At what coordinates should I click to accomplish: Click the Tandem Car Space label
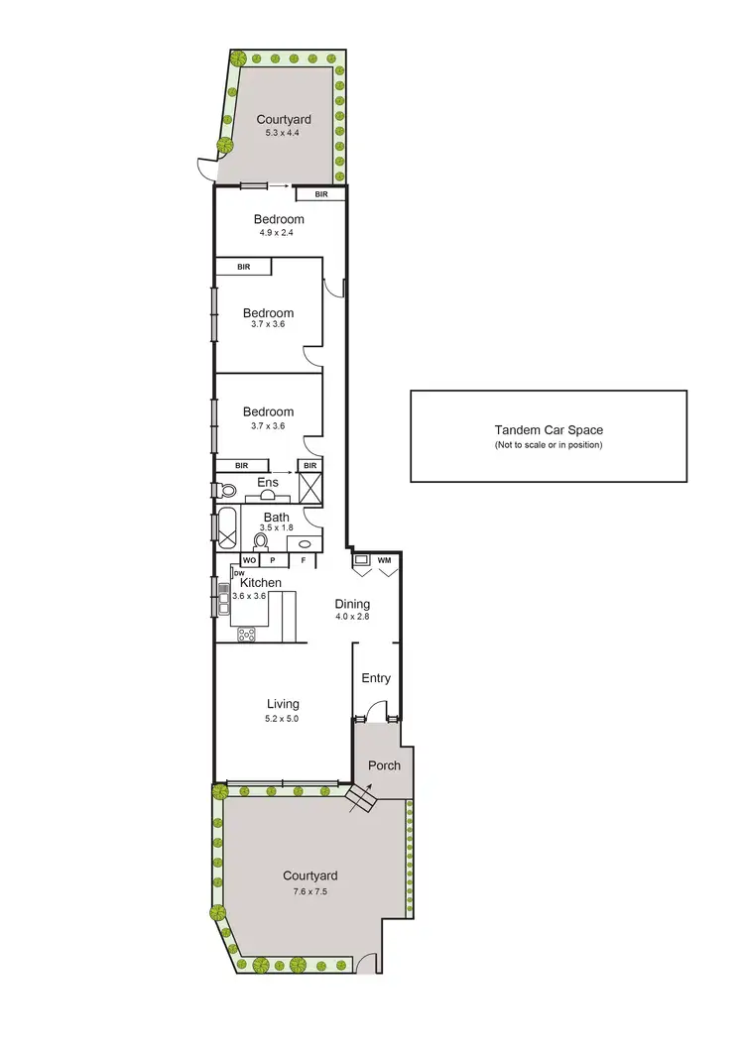click(x=549, y=430)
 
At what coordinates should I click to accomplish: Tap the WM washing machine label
click(x=384, y=560)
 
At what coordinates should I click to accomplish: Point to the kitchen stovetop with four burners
click(x=246, y=635)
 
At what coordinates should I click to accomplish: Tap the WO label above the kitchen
click(x=249, y=560)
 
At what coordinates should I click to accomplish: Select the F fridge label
click(x=304, y=560)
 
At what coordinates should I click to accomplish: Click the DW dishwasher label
click(x=239, y=572)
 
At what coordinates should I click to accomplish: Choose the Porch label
click(x=384, y=765)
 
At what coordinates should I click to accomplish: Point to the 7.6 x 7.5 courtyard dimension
click(x=310, y=890)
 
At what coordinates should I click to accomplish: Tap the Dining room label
click(x=352, y=603)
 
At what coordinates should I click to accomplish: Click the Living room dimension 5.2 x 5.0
click(x=282, y=718)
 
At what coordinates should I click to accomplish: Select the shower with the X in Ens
click(x=311, y=488)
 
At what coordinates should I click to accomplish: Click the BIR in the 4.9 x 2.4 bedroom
click(x=321, y=194)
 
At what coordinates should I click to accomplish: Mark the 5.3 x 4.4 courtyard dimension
click(x=283, y=133)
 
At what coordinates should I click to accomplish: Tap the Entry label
click(x=376, y=678)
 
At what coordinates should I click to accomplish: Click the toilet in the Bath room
click(x=262, y=540)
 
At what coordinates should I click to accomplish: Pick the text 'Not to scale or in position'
click(x=549, y=445)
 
